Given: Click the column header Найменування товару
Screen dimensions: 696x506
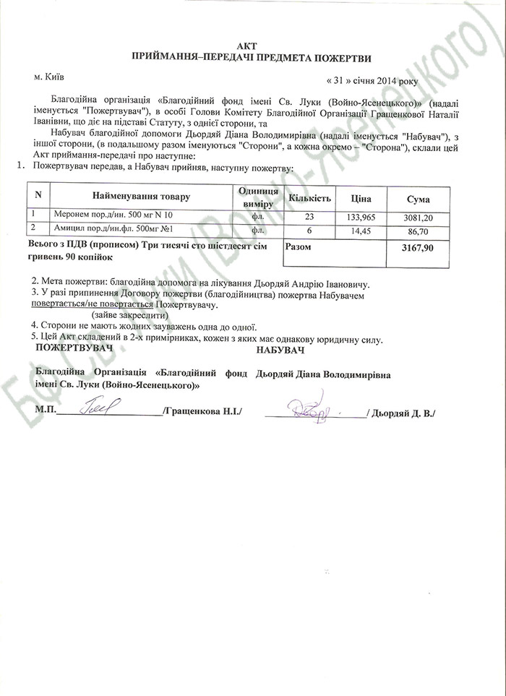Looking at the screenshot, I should [x=140, y=197].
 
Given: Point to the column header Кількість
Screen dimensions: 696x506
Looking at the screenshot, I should [x=309, y=197].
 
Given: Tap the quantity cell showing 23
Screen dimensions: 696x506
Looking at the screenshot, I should [x=311, y=215].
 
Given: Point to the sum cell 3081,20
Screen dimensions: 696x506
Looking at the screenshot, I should [x=419, y=216].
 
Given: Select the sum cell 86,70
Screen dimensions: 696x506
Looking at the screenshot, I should [x=419, y=230].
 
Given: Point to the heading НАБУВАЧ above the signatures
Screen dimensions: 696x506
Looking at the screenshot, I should [x=280, y=351].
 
